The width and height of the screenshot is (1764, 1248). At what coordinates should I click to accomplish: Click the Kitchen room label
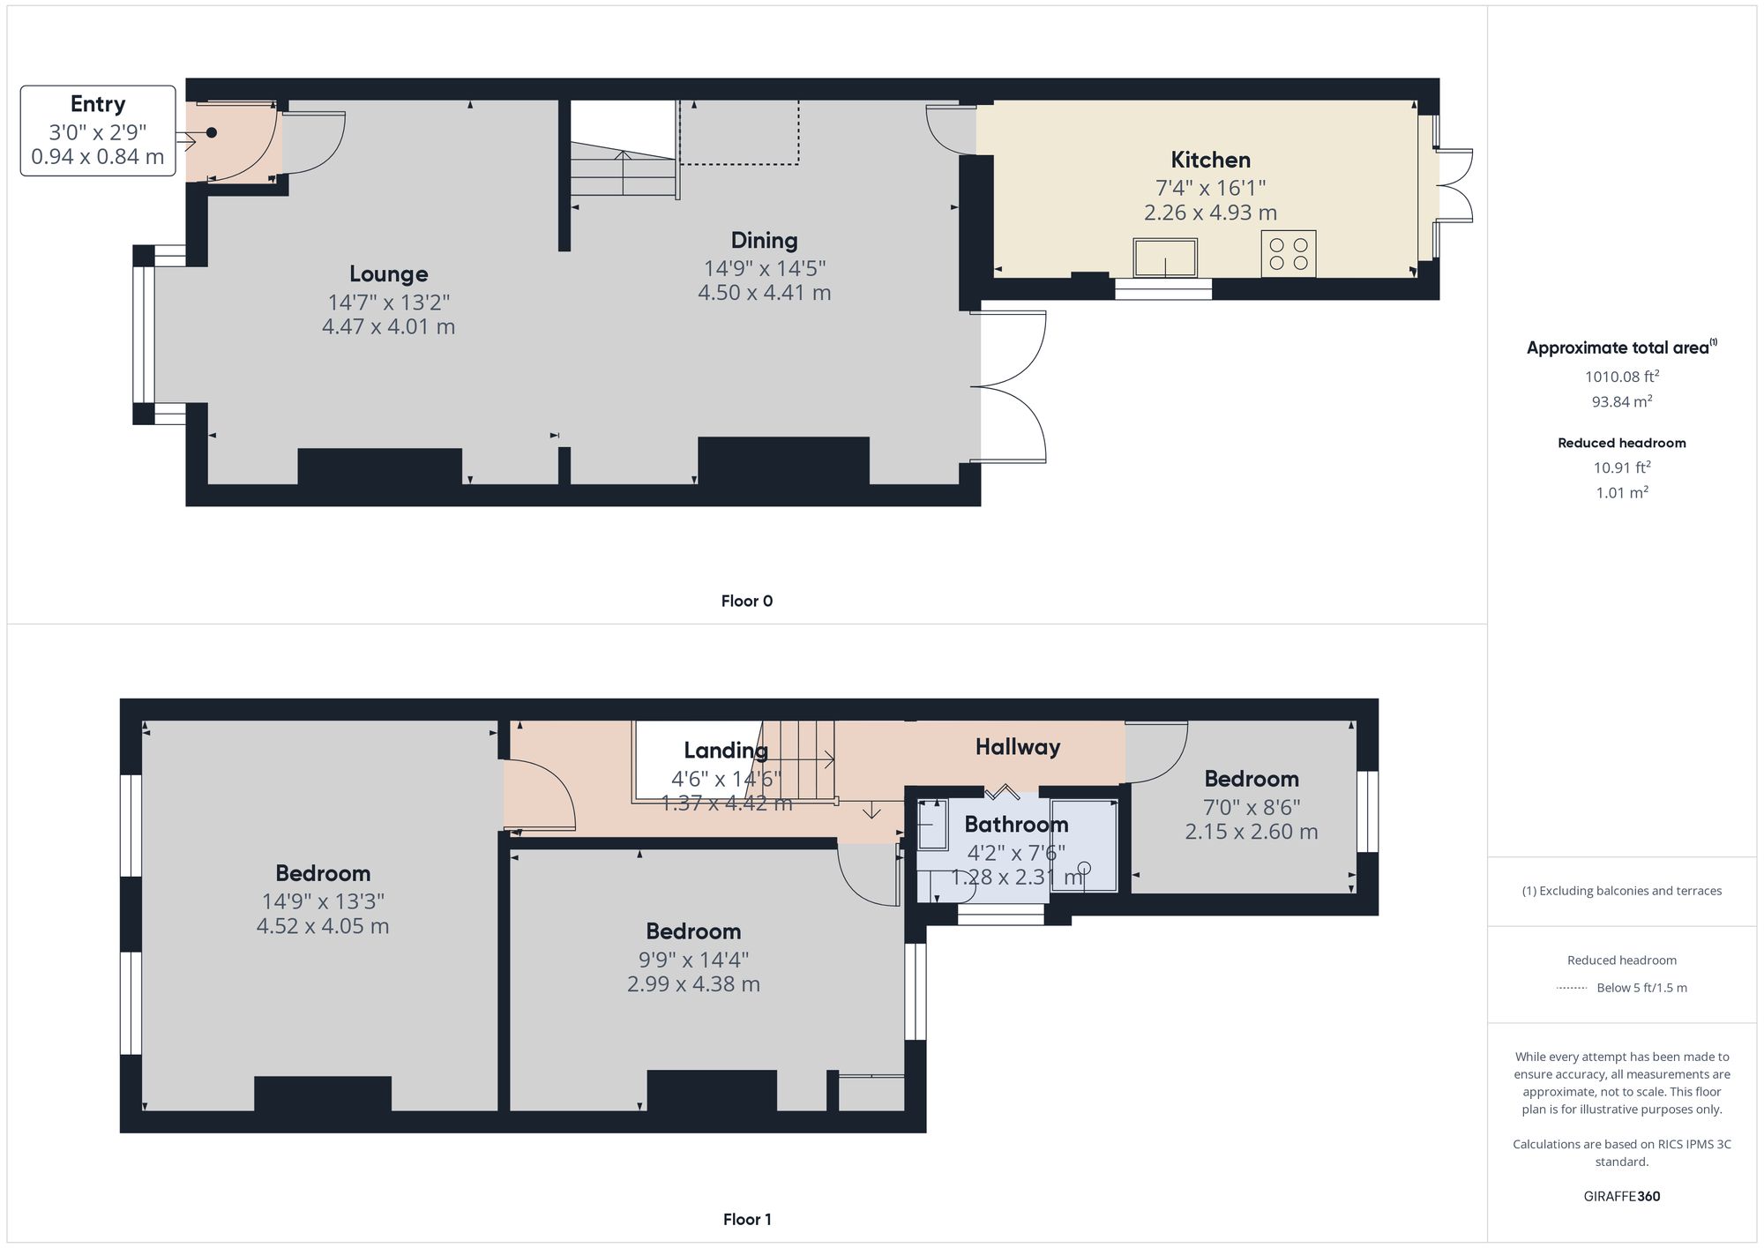click(1210, 160)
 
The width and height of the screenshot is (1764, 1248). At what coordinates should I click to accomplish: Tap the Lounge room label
click(388, 274)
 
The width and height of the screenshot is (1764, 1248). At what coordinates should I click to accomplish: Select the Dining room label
click(764, 240)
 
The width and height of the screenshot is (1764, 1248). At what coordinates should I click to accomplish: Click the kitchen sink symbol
click(1165, 258)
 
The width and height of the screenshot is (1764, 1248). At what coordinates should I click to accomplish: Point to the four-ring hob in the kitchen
click(1289, 253)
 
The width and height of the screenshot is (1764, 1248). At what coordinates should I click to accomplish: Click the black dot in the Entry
click(212, 133)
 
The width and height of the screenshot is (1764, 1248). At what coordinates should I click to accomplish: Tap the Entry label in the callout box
click(97, 104)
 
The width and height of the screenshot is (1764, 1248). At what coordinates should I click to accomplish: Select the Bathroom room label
click(1016, 825)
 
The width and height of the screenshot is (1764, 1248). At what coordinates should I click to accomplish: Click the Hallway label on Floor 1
click(1018, 747)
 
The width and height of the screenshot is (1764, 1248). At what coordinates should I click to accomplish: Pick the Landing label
click(726, 751)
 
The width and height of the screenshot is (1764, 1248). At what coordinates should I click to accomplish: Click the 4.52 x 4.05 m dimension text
click(323, 926)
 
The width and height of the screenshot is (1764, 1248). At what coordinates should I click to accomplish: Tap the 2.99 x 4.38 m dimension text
click(693, 984)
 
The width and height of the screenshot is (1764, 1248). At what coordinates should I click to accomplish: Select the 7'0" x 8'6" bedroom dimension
click(1252, 807)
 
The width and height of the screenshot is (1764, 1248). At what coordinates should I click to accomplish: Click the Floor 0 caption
click(747, 602)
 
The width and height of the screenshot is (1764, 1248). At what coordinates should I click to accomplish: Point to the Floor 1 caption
click(747, 1220)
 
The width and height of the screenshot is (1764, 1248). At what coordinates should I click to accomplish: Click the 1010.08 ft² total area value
click(1622, 376)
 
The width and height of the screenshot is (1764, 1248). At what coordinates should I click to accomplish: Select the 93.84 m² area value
click(1622, 401)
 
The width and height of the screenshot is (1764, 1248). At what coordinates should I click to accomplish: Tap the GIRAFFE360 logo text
click(1622, 1197)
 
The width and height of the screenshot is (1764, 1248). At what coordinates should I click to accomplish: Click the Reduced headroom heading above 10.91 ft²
click(1622, 443)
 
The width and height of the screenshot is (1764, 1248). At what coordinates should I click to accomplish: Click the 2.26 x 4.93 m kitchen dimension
click(1210, 213)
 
